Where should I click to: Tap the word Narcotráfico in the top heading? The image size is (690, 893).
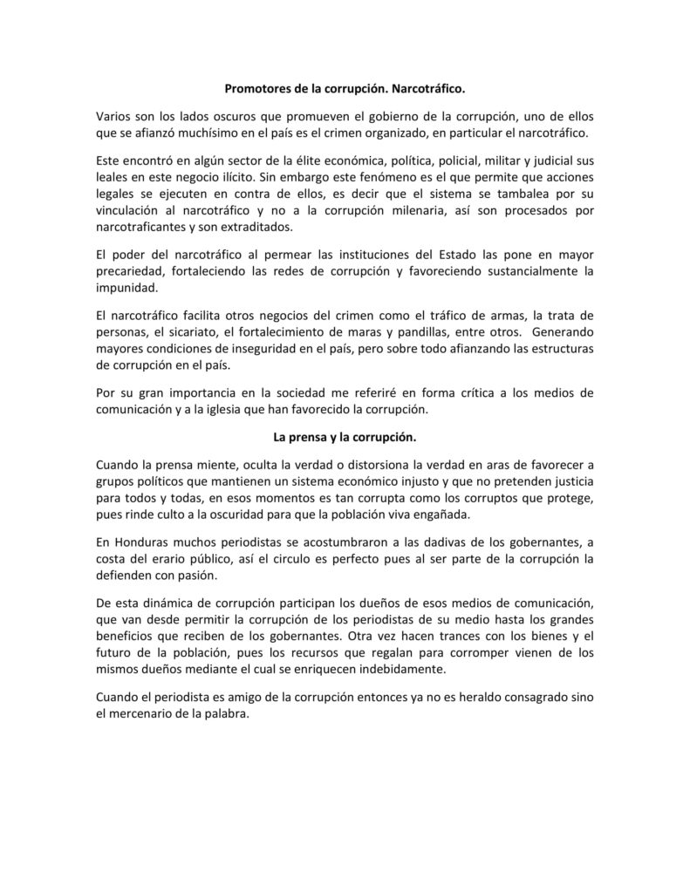(425, 88)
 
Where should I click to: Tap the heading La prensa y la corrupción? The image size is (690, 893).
(345, 436)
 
